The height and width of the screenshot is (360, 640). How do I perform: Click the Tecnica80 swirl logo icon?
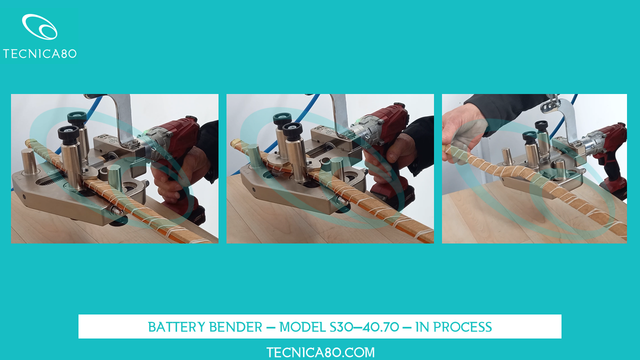click(x=39, y=26)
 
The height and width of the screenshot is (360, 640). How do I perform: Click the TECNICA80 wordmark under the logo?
click(x=39, y=53)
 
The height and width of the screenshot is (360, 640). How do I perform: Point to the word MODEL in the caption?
click(x=302, y=327)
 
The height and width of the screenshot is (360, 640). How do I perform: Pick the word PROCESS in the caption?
click(x=462, y=327)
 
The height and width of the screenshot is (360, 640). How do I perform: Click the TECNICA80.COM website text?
click(x=320, y=352)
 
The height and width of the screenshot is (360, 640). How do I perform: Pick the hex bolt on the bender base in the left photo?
click(x=117, y=211)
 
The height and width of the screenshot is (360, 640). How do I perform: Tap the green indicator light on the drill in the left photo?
click(x=144, y=132)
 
